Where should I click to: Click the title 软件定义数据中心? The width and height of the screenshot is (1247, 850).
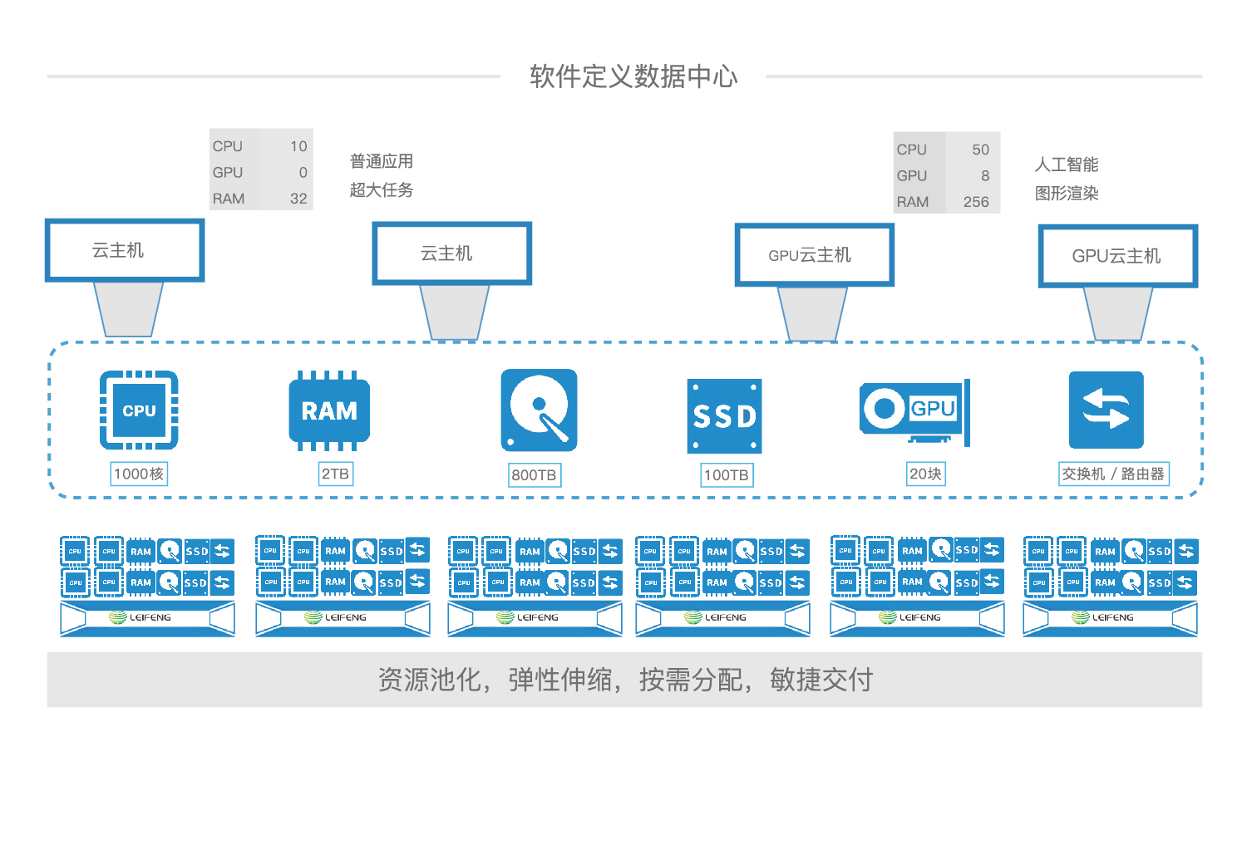coord(633,76)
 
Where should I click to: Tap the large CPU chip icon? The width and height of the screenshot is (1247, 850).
coord(139,410)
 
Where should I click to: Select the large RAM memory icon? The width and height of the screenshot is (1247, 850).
coord(329,410)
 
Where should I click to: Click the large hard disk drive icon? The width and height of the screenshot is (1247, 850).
coord(539,410)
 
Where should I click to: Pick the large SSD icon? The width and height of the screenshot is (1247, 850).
coord(724,415)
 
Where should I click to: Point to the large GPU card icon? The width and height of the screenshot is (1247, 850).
coord(914,410)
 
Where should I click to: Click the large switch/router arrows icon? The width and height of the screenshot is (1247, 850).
coord(1106,410)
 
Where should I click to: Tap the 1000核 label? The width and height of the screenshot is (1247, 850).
coord(139,474)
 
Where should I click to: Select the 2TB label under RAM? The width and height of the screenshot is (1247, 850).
coord(335,474)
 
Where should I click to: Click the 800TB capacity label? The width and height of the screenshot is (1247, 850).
coord(534,475)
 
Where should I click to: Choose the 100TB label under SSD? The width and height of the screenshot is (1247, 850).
coord(726,475)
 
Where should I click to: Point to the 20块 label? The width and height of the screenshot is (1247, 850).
coord(925,474)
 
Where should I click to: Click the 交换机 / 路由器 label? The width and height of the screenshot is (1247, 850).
coord(1113,474)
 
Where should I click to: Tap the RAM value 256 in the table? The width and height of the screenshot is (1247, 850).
coord(975,202)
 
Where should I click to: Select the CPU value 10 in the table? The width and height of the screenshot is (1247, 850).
coord(298,146)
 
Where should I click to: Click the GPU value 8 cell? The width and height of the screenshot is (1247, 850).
coord(984,176)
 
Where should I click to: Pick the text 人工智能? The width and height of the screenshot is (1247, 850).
coord(1067,165)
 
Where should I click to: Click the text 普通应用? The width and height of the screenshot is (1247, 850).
coord(382,161)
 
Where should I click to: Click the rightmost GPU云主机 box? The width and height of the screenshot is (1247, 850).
coord(1117,256)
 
